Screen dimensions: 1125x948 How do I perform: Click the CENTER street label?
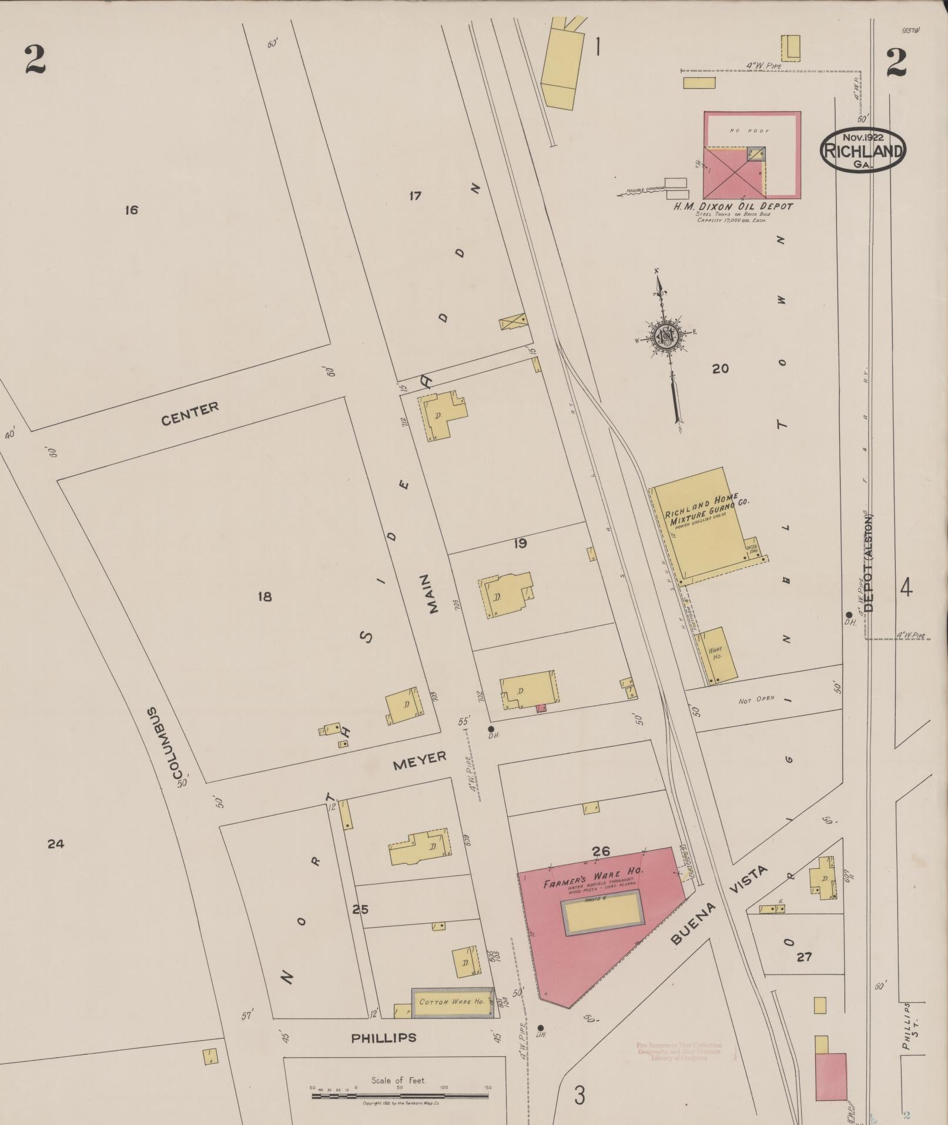(190, 413)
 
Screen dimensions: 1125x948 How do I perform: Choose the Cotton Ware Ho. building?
(451, 1002)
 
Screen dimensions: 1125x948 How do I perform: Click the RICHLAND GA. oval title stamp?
(863, 150)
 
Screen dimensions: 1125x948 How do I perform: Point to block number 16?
(131, 210)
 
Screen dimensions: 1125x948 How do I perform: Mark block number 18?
(264, 596)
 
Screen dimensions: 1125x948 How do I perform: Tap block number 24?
(56, 844)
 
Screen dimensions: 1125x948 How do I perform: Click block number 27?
(804, 957)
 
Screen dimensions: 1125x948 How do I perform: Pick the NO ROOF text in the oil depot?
(741, 130)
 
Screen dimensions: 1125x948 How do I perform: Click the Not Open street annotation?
(756, 700)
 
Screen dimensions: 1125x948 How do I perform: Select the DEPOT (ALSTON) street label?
(869, 564)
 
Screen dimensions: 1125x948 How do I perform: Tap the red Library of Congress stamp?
(679, 1051)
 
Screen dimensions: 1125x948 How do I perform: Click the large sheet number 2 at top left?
(35, 61)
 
